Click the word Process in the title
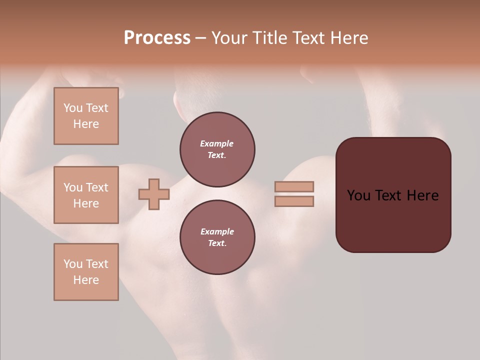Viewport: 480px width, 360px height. pyautogui.click(x=157, y=38)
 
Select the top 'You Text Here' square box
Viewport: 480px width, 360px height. pyautogui.click(x=86, y=116)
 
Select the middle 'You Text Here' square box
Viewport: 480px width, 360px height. pyautogui.click(x=86, y=195)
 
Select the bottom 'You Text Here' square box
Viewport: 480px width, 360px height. pyautogui.click(x=86, y=272)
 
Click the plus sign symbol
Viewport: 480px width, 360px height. pyautogui.click(x=154, y=194)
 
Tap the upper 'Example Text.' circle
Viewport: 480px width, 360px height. pyautogui.click(x=217, y=149)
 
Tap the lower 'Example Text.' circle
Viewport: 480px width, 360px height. pyautogui.click(x=217, y=237)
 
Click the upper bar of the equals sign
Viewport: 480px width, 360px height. pyautogui.click(x=294, y=186)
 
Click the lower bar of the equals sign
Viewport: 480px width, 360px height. pyautogui.click(x=294, y=201)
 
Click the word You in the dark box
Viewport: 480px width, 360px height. pyautogui.click(x=358, y=195)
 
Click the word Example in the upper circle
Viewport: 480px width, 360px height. pyautogui.click(x=217, y=143)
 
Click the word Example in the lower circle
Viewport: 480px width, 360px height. pyautogui.click(x=217, y=231)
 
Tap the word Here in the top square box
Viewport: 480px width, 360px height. pyautogui.click(x=86, y=124)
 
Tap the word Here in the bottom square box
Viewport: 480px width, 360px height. pyautogui.click(x=86, y=280)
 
